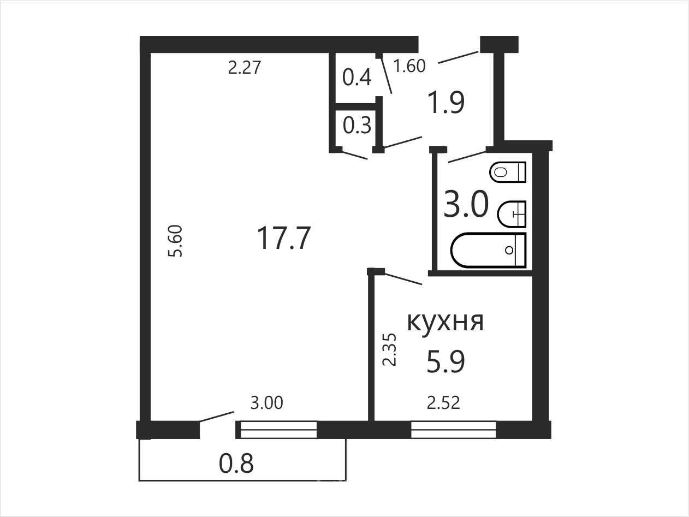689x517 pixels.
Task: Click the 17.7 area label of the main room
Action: (284, 238)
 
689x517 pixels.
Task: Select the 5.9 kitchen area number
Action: (446, 361)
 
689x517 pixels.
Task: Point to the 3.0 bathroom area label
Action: (466, 205)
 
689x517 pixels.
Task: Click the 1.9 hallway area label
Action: (446, 102)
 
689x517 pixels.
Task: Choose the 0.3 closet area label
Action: (357, 125)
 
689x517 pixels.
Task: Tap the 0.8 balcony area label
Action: (236, 464)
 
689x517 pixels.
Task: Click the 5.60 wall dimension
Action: (175, 241)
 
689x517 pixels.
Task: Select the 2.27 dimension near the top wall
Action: (245, 68)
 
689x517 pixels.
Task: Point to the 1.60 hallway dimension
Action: (409, 66)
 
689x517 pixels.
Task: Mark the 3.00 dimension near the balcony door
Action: (267, 403)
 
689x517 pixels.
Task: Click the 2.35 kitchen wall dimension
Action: (390, 349)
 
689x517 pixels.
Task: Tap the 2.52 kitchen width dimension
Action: (443, 403)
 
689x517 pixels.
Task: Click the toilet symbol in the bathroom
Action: (508, 172)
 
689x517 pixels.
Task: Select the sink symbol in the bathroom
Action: (512, 214)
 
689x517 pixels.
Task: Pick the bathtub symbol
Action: (489, 250)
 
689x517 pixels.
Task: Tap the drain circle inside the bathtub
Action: (509, 250)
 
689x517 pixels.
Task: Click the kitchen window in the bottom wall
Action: (453, 430)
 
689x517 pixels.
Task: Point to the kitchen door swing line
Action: (403, 279)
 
